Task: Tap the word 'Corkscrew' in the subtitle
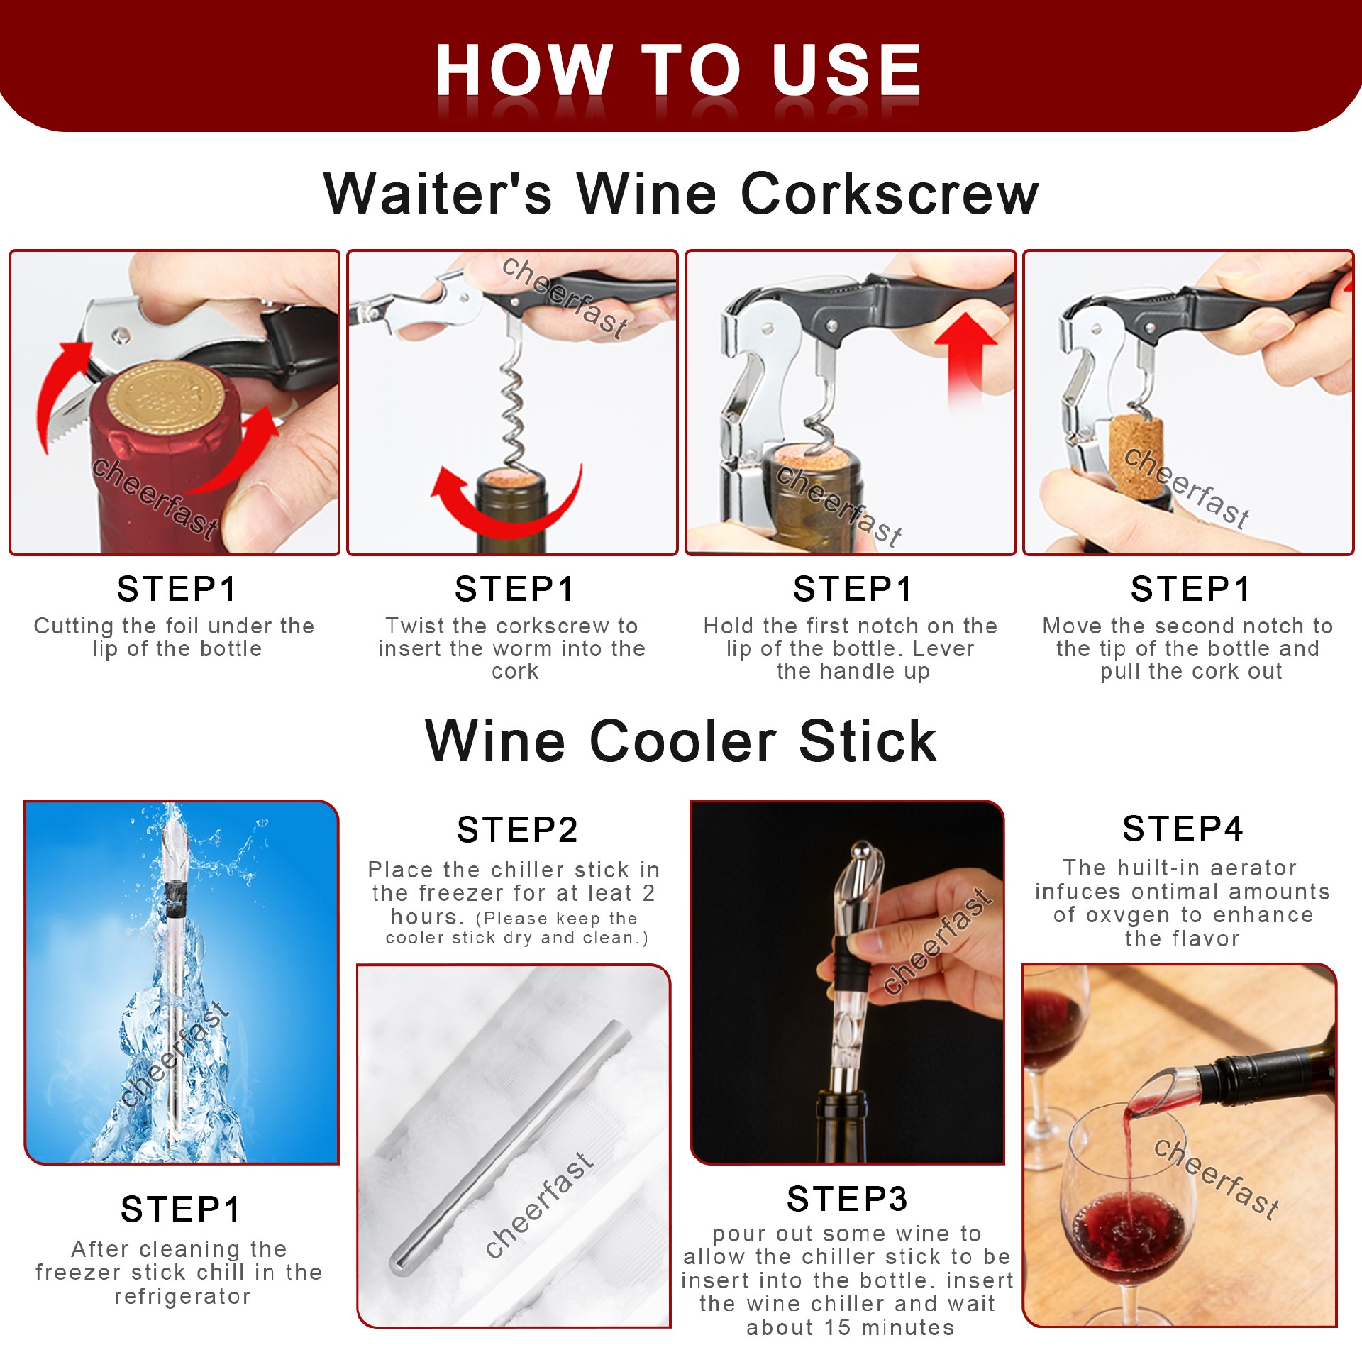point(890,193)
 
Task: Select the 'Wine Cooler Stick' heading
point(681,741)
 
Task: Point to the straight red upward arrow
point(965,355)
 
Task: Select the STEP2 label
point(518,830)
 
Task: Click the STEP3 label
point(848,1200)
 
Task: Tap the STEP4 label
point(1183,829)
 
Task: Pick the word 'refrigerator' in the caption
point(182,1297)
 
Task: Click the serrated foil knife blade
point(67,419)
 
